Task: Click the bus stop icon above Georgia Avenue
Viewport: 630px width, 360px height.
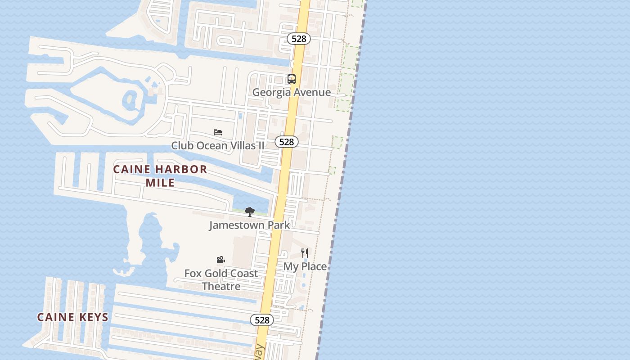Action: tap(292, 79)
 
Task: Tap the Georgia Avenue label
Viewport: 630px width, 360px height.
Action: tap(292, 92)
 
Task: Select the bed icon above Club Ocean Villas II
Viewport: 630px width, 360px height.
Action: tap(218, 132)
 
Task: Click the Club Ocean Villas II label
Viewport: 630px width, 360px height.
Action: tap(218, 145)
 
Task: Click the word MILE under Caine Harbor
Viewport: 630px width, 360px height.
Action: tap(160, 183)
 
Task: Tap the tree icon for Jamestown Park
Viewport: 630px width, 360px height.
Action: tap(249, 212)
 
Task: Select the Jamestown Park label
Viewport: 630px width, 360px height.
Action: tap(249, 225)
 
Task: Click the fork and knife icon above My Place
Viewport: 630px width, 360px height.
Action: tap(305, 253)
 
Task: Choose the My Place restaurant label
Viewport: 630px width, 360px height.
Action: tap(305, 266)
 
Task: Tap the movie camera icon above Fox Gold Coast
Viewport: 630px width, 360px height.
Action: tap(220, 260)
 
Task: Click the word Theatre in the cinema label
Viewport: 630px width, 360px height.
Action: tap(221, 286)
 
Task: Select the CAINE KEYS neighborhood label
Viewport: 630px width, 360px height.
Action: tap(73, 317)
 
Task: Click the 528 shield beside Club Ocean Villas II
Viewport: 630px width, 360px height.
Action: tap(286, 142)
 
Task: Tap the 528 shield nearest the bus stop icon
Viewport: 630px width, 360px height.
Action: tap(299, 39)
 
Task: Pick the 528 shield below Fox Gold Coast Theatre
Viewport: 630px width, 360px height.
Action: tap(261, 320)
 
